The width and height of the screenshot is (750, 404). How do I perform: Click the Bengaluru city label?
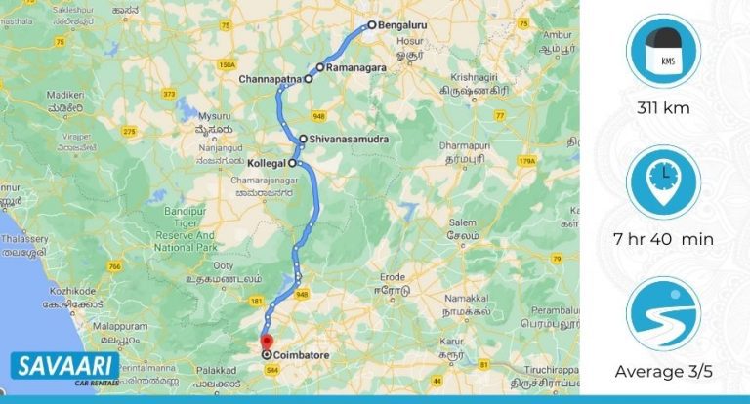pos(404,26)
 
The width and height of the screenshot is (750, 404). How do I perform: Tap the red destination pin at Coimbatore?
pos(267,341)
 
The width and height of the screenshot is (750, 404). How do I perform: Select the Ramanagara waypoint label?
pos(356,68)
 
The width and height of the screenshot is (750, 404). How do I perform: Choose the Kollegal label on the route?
pos(266,163)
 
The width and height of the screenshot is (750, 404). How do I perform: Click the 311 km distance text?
pos(664,108)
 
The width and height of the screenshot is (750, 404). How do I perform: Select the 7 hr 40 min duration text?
pos(664,240)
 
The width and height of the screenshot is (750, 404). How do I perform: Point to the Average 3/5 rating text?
pos(664,372)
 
